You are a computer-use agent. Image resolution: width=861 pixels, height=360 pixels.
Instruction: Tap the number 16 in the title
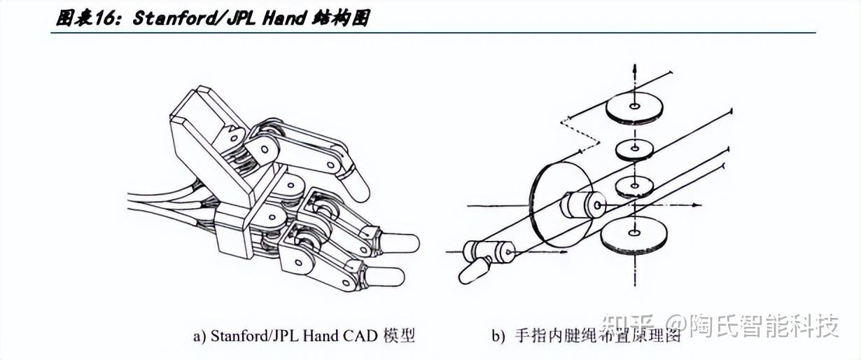[x=104, y=18]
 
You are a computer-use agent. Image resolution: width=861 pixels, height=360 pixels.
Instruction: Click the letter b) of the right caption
[x=498, y=336]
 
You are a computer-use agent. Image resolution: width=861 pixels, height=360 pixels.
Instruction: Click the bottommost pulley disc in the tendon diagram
[x=633, y=235]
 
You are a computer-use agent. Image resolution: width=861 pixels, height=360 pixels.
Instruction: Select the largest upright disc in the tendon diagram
[x=559, y=205]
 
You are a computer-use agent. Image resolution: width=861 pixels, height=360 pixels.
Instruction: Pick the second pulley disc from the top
[x=635, y=150]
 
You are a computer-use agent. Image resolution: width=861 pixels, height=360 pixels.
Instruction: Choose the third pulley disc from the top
[x=635, y=187]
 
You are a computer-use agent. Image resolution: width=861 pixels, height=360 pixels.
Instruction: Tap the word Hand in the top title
[x=284, y=18]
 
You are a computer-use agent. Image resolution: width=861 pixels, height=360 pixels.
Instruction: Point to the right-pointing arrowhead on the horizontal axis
[x=696, y=205]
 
